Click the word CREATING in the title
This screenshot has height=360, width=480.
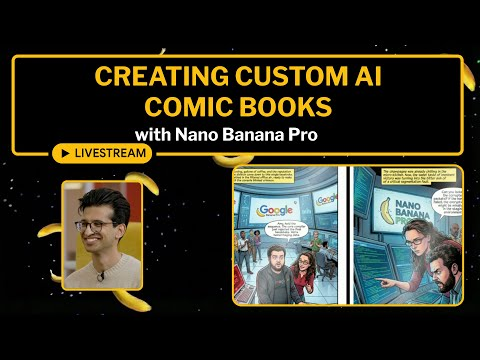pos(153,75)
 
